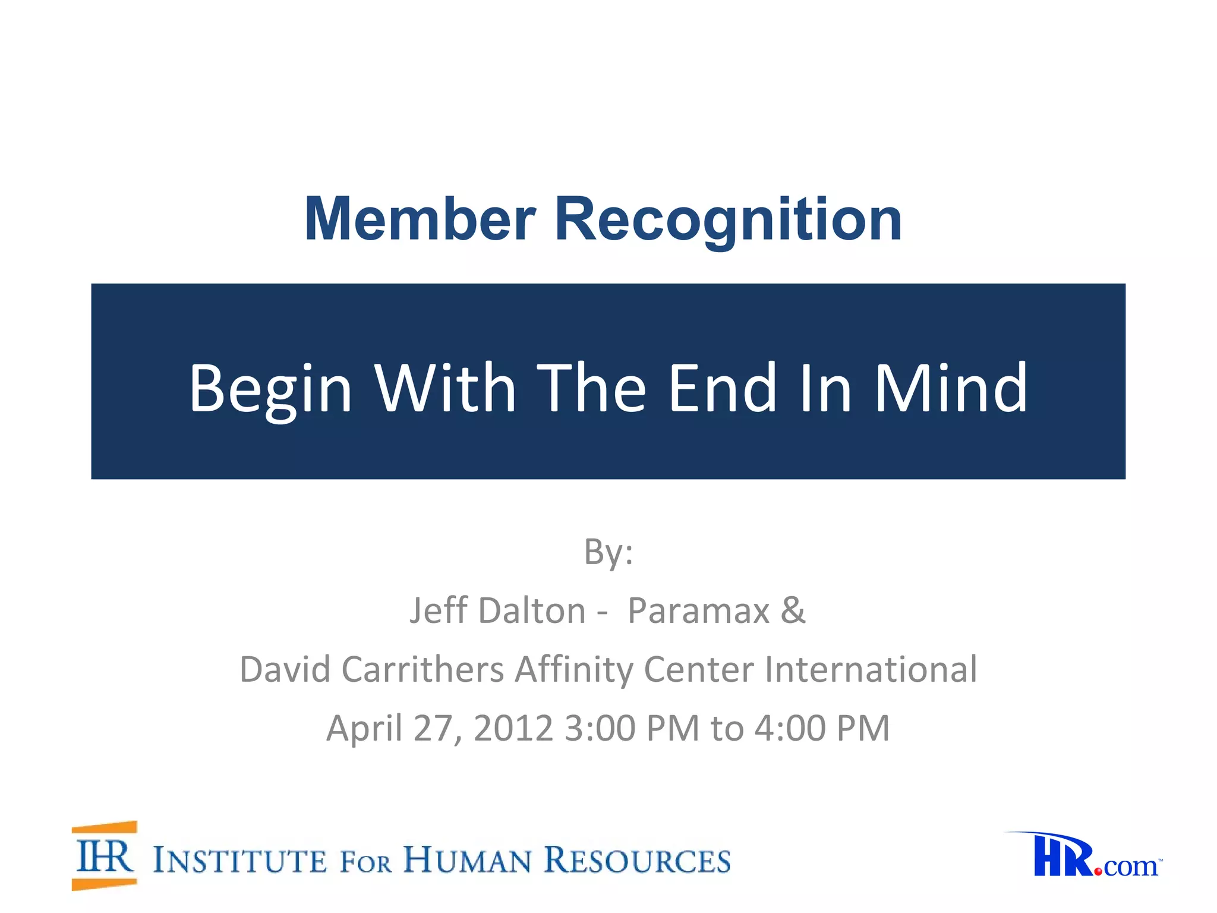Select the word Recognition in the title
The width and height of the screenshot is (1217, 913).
point(728,221)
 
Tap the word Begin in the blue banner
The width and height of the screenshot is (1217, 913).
point(270,389)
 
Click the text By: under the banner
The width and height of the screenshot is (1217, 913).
point(608,552)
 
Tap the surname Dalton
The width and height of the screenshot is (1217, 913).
point(532,610)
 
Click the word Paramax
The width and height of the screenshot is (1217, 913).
point(699,610)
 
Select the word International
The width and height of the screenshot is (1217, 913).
point(871,669)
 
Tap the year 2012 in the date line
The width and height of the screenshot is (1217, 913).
point(513,728)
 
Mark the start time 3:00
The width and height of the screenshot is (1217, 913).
point(600,728)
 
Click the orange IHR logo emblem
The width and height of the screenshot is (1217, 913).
point(105,856)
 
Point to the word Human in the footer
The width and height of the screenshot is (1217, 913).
point(467,860)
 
